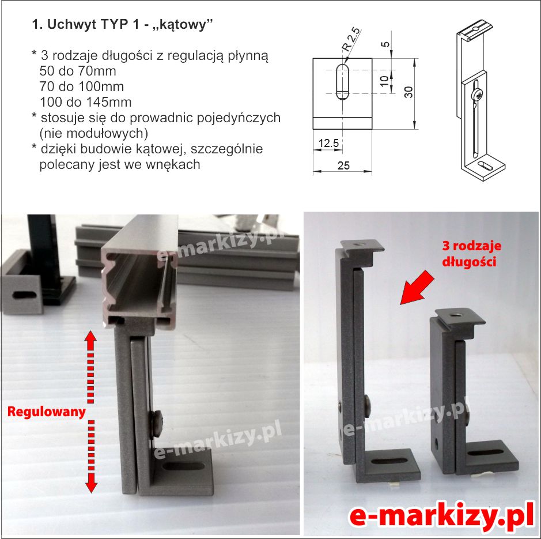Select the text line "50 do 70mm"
pos(78,71)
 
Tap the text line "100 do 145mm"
pos(86,102)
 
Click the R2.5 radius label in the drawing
pos(351,39)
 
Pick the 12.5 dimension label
pos(328,143)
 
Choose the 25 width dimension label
pos(343,166)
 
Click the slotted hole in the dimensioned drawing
pos(342,82)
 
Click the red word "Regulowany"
pos(46,412)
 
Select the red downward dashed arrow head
pos(91,486)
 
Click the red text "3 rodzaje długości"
pos(472,254)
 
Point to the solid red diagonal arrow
pos(417,287)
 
